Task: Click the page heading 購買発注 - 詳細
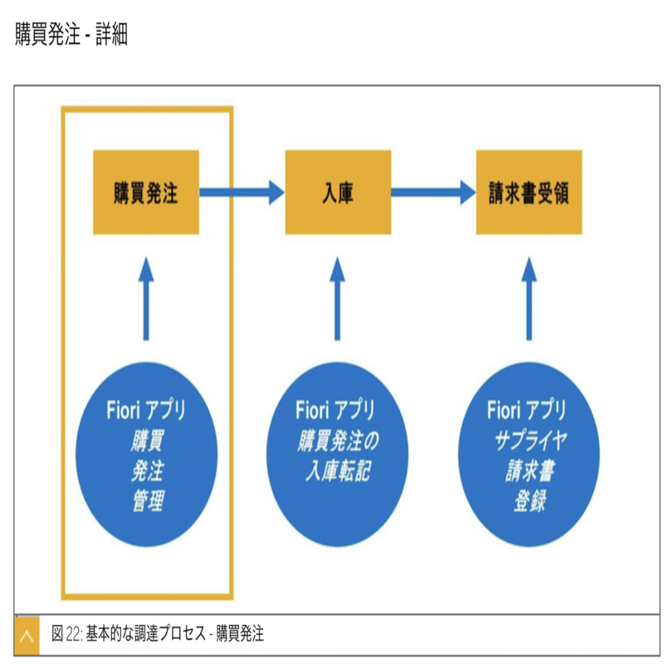pos(71,34)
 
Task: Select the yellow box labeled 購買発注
pos(146,192)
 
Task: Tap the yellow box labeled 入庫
pos(338,192)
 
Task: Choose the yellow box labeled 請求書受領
pos(529,192)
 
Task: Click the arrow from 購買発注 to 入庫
pos(242,193)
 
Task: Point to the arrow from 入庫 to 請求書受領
pos(433,193)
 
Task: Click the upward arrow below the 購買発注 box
pos(146,298)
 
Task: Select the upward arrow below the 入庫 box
pos(338,298)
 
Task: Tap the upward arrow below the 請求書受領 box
pos(529,298)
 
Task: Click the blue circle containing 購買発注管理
pos(146,454)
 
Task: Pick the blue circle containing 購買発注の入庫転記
pos(338,454)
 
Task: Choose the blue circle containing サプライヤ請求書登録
pos(529,454)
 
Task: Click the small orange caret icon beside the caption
pos(27,636)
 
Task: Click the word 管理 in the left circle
pos(149,501)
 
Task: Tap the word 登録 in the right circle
pos(530,501)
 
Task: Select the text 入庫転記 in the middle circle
pos(339,471)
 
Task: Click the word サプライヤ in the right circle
pos(531,440)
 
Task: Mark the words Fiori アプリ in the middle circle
pos(335,409)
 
